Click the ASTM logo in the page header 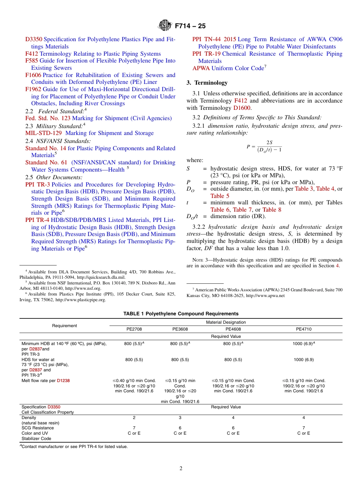pyautogui.click(x=165, y=26)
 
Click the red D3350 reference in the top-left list pyautogui.click(x=34, y=39)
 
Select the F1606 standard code pyautogui.click(x=33, y=75)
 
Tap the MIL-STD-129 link pyautogui.click(x=44, y=133)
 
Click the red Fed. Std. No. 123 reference pyautogui.click(x=48, y=118)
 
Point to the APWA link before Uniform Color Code pyautogui.click(x=201, y=68)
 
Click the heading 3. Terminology pyautogui.click(x=207, y=83)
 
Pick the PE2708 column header pyautogui.click(x=134, y=329)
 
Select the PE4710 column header pyautogui.click(x=303, y=329)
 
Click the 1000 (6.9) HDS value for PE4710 pyautogui.click(x=303, y=360)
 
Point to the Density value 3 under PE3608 pyautogui.click(x=180, y=418)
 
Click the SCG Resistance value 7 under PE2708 pyautogui.click(x=134, y=428)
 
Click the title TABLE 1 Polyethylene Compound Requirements pyautogui.click(x=181, y=314)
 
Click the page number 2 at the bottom pyautogui.click(x=181, y=469)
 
